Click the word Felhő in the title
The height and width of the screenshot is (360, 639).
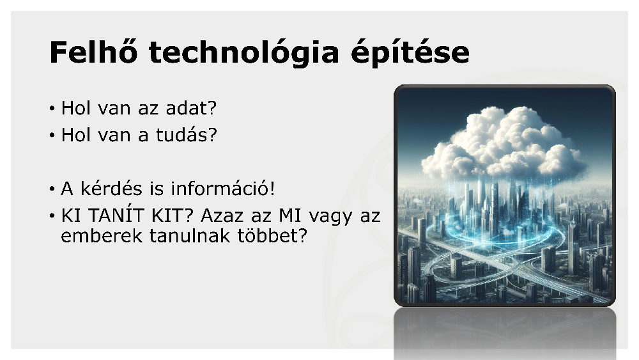coord(93,52)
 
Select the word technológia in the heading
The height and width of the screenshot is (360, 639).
coord(243,53)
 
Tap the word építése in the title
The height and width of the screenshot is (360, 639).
coord(410,53)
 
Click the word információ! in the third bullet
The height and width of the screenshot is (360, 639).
coord(223,189)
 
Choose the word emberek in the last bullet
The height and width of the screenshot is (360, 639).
coord(102,236)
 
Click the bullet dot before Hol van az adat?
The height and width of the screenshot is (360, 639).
coord(52,109)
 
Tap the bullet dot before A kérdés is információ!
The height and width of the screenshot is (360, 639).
coord(52,189)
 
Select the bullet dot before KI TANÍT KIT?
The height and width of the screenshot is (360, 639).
coord(52,216)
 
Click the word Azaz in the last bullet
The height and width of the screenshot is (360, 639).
coord(222,215)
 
